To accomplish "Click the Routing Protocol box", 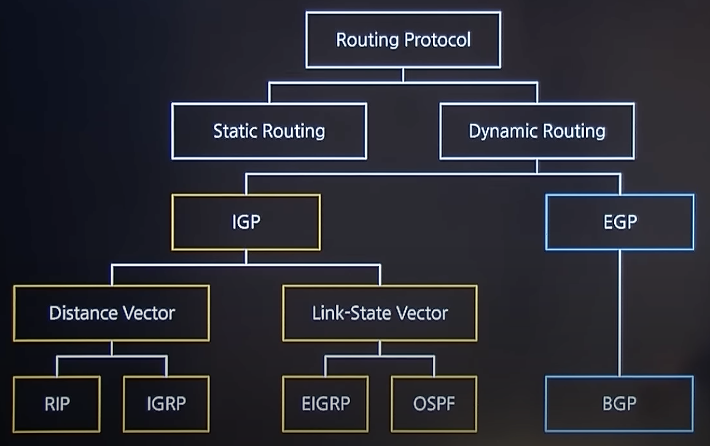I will pos(403,40).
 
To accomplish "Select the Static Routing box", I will pos(269,131).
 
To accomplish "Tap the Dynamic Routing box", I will pos(537,131).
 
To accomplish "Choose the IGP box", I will pos(246,222).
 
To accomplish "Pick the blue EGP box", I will pos(620,222).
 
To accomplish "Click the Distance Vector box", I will pos(111,313).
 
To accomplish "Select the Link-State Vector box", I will pos(380,313).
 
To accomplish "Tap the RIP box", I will pos(57,404).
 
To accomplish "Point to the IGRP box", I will pos(166,404).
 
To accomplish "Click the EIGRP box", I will pos(326,404).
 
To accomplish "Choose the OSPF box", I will pos(434,404).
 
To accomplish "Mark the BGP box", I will pos(619,404).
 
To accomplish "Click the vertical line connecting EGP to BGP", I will pos(619,313).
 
